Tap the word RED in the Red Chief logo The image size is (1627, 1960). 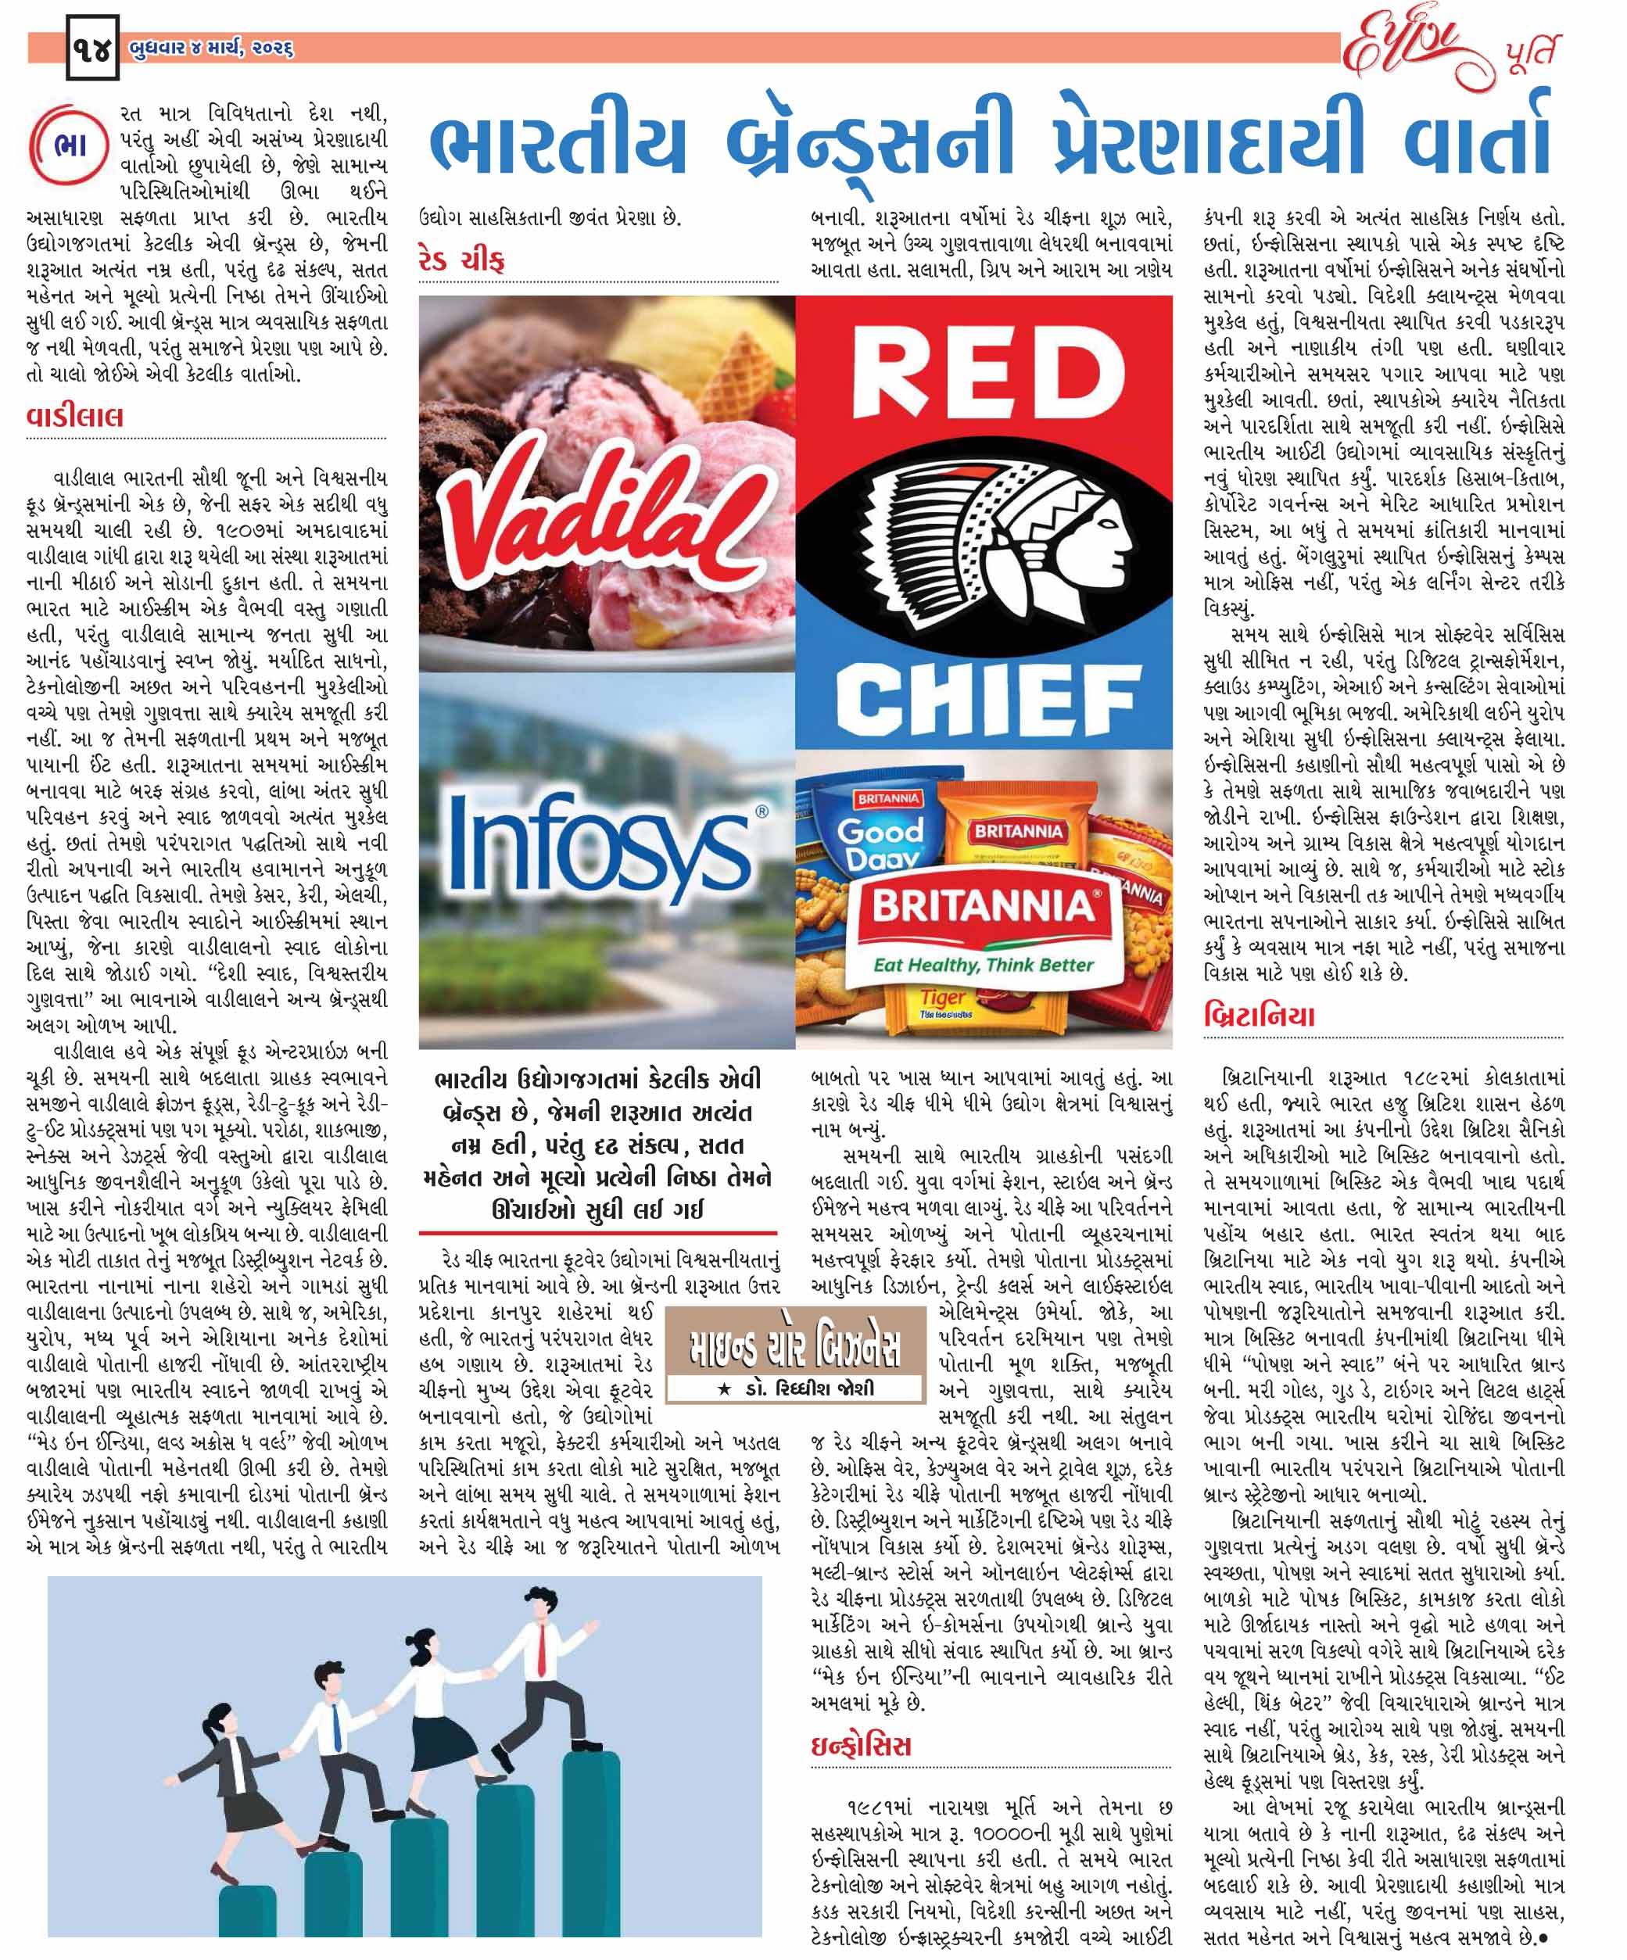(986, 375)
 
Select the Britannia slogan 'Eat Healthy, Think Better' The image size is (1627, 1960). (982, 964)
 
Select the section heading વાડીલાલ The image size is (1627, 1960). (75, 416)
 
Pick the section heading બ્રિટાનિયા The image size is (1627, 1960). (1260, 1016)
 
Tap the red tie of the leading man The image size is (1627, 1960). (540, 1650)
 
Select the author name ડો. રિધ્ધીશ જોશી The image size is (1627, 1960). (801, 1388)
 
